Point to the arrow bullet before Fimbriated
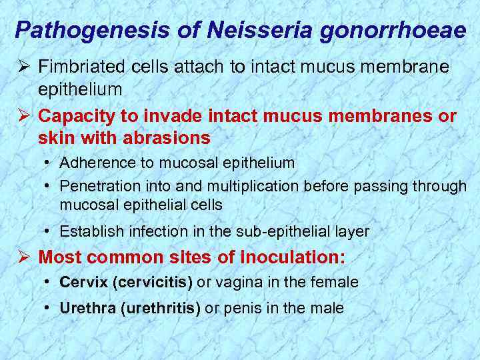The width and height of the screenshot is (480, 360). coord(21,67)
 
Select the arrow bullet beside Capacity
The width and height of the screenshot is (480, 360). coord(21,116)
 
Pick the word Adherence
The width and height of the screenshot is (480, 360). coord(95,163)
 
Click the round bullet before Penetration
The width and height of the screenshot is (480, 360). coord(49,186)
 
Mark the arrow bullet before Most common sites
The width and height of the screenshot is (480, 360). coord(21,257)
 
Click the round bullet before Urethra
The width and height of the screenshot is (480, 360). coord(49,308)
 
